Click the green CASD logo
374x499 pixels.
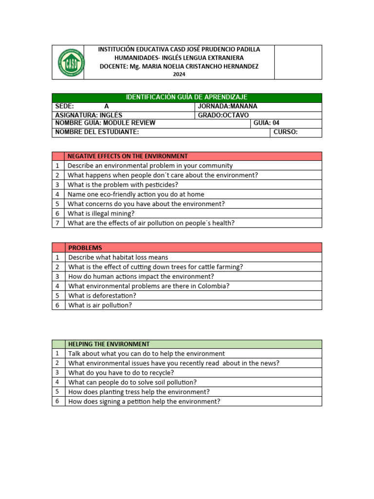point(68,62)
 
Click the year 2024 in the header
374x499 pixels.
point(179,75)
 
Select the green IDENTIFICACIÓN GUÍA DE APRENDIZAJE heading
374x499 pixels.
point(187,97)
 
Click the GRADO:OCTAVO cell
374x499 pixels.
point(223,115)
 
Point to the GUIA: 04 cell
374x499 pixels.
point(266,123)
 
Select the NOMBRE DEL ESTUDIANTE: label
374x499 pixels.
point(97,132)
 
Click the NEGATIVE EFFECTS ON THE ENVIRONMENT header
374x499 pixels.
point(128,156)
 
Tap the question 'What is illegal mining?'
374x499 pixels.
point(101,213)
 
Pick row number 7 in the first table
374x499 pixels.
point(57,223)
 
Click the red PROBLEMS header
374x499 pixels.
point(85,248)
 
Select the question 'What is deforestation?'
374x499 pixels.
point(102,296)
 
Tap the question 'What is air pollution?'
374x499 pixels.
point(100,306)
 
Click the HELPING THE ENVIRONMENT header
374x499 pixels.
point(109,344)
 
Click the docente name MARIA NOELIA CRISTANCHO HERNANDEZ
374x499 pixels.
point(200,66)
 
